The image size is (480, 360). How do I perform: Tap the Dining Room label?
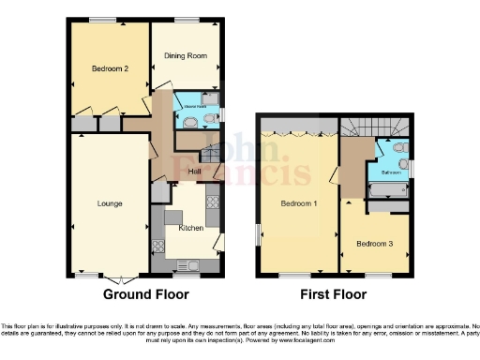186,56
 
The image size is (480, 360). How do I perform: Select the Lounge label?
110,203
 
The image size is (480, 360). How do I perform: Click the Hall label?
195,172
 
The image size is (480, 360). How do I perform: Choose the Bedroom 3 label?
373,243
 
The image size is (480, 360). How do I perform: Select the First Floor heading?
333,294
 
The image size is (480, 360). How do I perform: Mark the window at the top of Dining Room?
186,20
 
